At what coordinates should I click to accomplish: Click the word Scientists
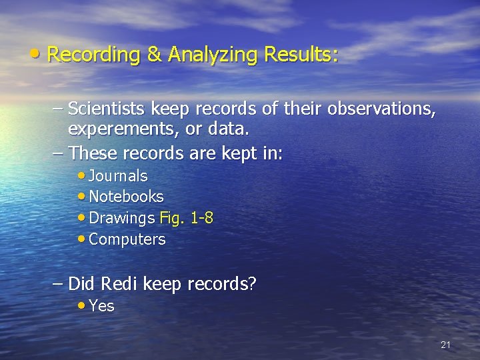[x=107, y=108]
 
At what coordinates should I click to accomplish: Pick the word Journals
[x=118, y=176]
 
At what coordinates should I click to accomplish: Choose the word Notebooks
[x=126, y=197]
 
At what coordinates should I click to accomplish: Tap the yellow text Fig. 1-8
[x=187, y=218]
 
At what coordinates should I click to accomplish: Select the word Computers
[x=127, y=239]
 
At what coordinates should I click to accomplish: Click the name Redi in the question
[x=118, y=284]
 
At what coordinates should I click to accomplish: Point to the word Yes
[x=101, y=306]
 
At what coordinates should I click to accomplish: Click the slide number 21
[x=445, y=345]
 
